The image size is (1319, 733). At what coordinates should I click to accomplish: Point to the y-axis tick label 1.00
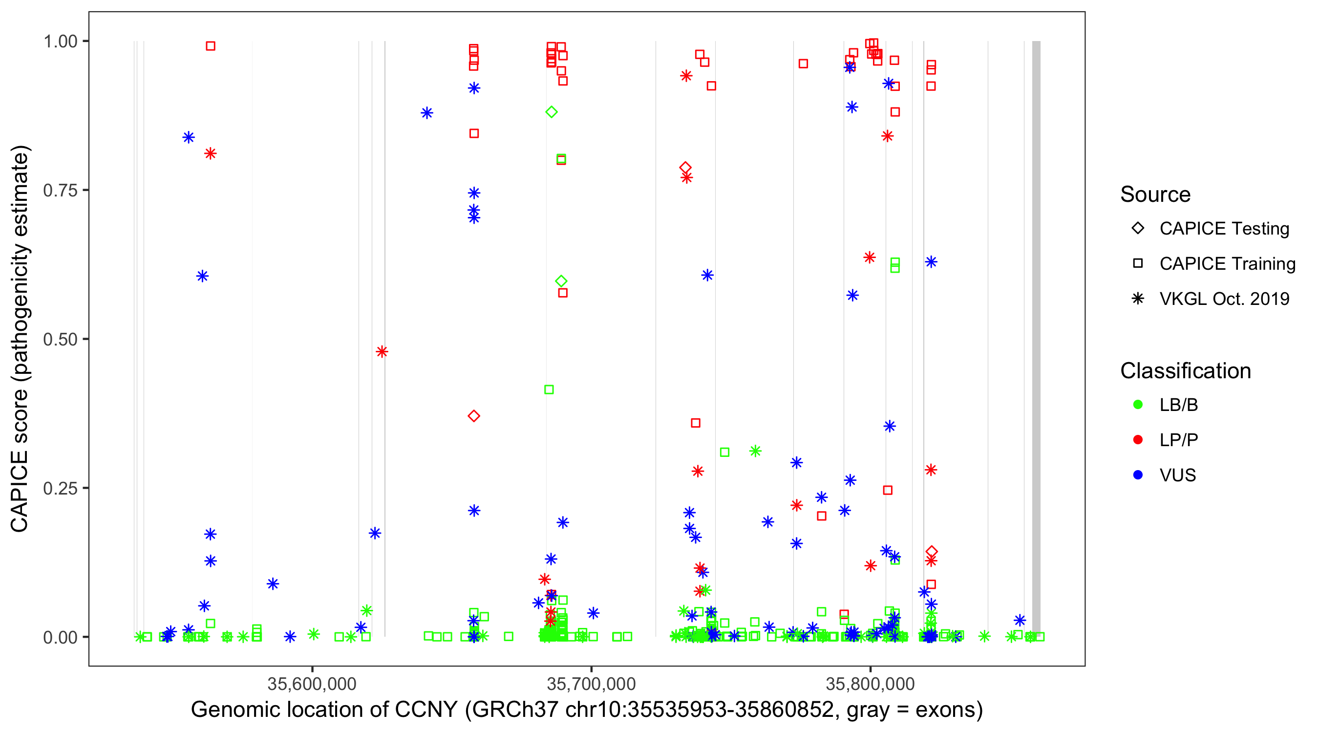[60, 41]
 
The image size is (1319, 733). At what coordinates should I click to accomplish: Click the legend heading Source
[1155, 194]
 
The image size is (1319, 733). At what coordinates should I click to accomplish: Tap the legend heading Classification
[1185, 371]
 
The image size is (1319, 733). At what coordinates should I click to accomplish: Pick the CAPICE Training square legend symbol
[1138, 263]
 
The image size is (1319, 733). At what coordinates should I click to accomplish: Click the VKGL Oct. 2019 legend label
[1224, 299]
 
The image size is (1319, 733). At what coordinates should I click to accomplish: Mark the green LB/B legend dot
[1138, 405]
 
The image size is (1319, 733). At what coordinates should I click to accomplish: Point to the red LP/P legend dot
[1138, 440]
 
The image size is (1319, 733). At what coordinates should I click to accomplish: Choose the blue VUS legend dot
[1138, 475]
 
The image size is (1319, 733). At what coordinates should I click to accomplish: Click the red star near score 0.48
[382, 351]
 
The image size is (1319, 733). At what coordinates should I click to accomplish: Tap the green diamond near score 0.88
[551, 112]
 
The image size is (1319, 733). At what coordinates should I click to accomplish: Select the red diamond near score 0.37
[474, 416]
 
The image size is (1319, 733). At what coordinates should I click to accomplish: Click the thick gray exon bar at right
[1036, 338]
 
